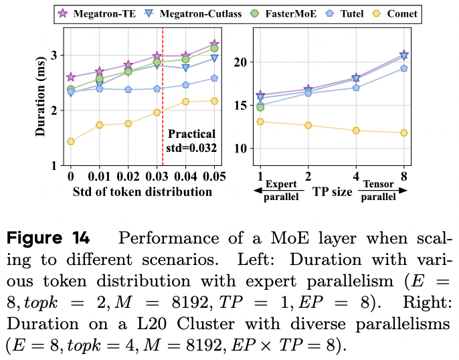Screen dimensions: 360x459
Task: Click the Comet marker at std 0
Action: tap(70, 141)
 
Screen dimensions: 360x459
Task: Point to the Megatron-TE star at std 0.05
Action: tap(214, 43)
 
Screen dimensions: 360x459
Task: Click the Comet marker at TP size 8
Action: tap(403, 132)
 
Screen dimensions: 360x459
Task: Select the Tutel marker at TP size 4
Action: tap(355, 88)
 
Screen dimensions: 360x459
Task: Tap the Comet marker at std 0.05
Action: tap(214, 101)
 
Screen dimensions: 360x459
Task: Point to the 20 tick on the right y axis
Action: tap(242, 62)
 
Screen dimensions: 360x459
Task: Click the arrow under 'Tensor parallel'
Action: tap(378, 191)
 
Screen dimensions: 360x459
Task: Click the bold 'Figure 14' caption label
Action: tap(48, 238)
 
